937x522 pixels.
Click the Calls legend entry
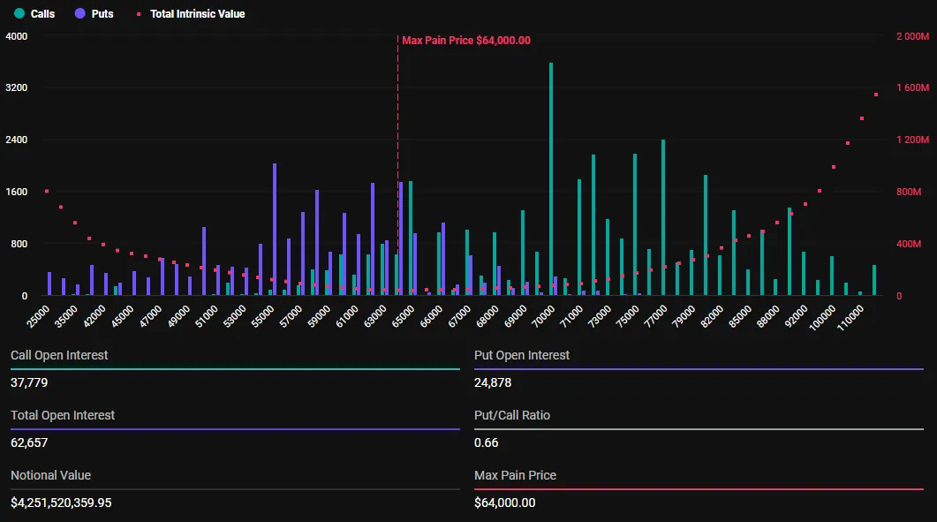pyautogui.click(x=35, y=14)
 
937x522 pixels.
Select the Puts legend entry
pyautogui.click(x=94, y=14)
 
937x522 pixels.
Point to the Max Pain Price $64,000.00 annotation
pyautogui.click(x=465, y=40)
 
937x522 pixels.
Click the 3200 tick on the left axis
pyautogui.click(x=17, y=88)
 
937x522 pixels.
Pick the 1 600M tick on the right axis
pyautogui.click(x=912, y=88)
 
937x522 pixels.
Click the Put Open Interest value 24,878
pyautogui.click(x=493, y=383)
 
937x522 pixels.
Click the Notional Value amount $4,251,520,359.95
pyautogui.click(x=61, y=503)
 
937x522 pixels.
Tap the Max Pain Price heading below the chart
pyautogui.click(x=515, y=475)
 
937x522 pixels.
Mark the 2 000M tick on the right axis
pyautogui.click(x=912, y=36)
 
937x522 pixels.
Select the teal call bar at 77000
pyautogui.click(x=663, y=217)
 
